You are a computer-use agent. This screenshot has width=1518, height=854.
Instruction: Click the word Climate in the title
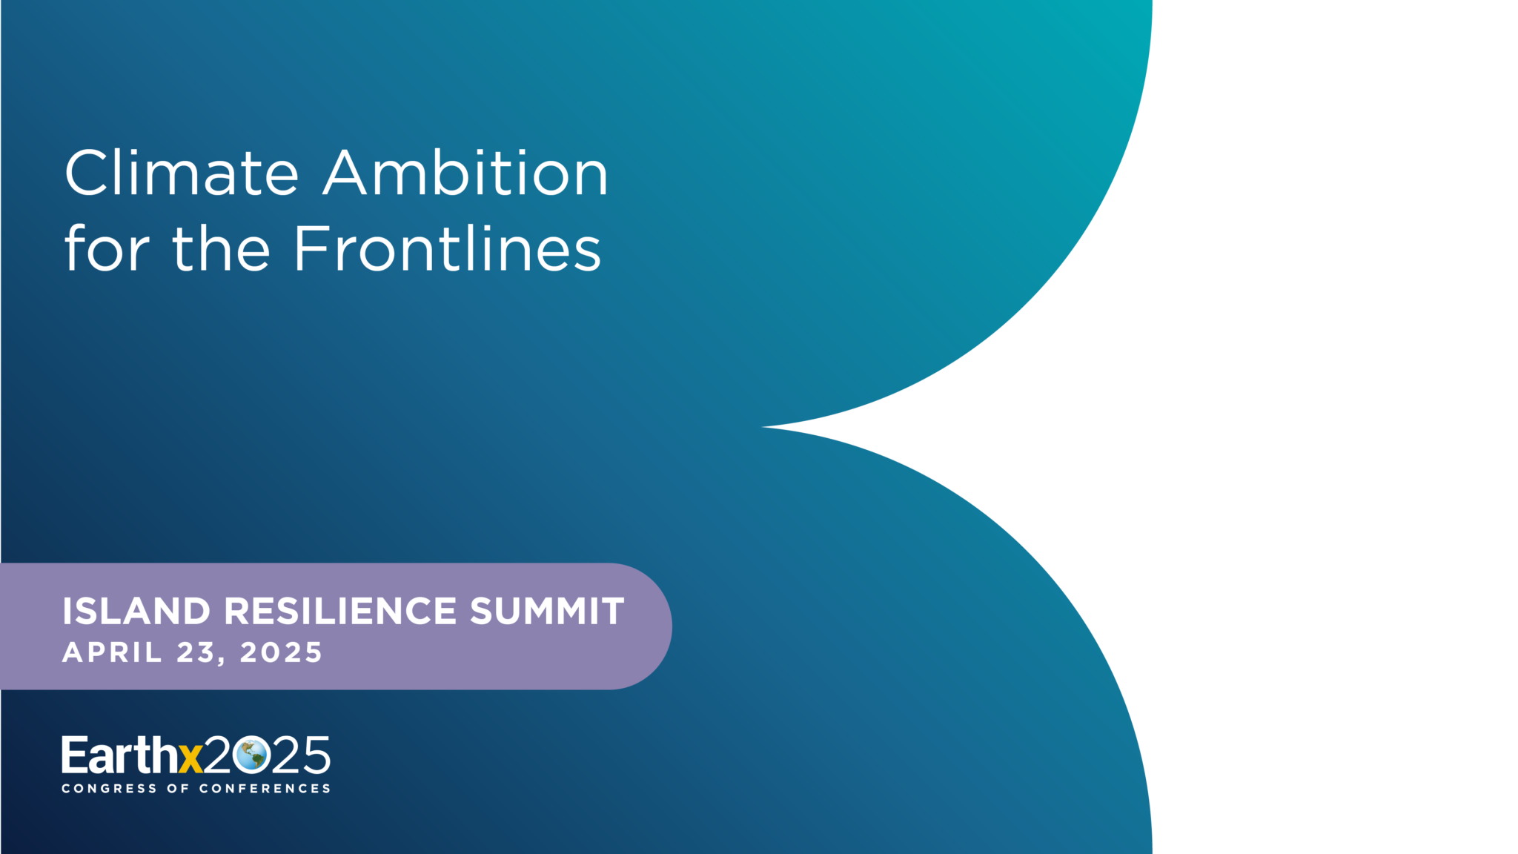182,173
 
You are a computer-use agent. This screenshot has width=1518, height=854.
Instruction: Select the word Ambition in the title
465,173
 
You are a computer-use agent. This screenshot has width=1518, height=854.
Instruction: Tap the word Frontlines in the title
448,248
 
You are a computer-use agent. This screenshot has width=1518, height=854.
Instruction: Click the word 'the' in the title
221,248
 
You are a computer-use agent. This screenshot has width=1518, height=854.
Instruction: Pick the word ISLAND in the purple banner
136,612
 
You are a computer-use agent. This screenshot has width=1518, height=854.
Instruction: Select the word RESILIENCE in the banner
340,612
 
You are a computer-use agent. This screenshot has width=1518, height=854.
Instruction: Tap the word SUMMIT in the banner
547,612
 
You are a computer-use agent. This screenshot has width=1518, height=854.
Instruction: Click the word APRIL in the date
112,652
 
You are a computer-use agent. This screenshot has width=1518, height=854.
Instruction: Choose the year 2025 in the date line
281,652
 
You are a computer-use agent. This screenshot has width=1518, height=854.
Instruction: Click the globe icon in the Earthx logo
251,755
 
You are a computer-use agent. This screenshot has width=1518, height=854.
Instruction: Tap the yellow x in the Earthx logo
190,759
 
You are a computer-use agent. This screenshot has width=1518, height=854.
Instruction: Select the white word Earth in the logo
119,755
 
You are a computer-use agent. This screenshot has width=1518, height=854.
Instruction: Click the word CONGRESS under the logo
109,789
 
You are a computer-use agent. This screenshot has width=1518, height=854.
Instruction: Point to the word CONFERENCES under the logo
265,789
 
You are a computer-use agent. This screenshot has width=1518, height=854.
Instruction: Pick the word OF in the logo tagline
178,789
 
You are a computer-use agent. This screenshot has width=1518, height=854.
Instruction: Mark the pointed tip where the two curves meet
763,427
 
